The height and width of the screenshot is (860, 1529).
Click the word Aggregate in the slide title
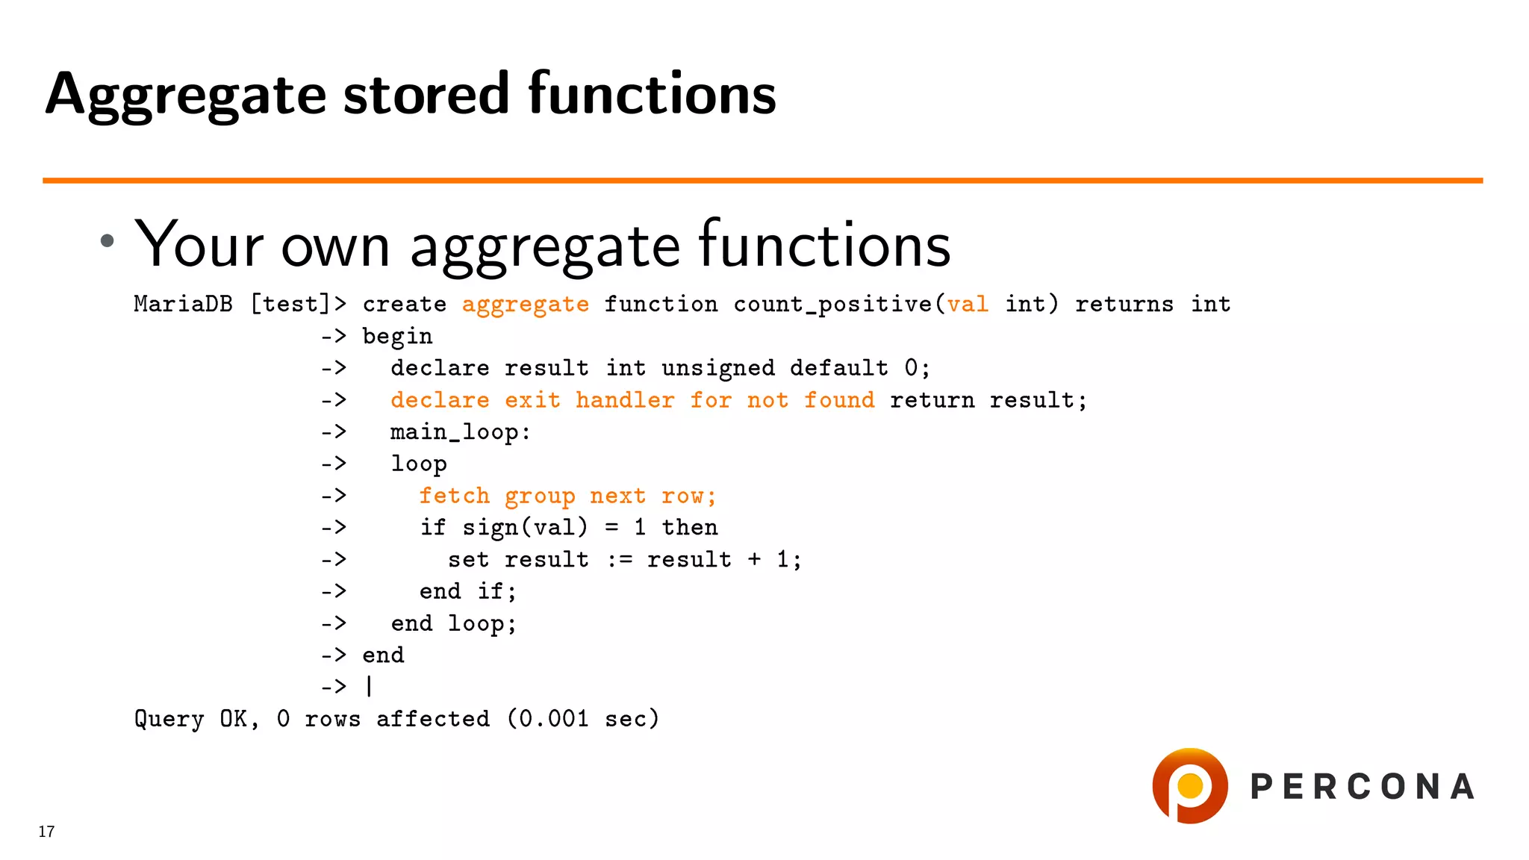coord(185,96)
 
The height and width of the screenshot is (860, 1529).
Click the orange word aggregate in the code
coord(525,305)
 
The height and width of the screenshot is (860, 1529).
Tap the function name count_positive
coord(832,305)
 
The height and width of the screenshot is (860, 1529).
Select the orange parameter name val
coord(967,305)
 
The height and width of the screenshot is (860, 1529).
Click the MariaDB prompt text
coord(183,305)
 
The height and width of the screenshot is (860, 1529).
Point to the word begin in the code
coord(397,337)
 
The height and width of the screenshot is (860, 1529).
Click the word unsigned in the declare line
coord(717,368)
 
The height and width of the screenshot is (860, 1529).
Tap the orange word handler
coord(624,400)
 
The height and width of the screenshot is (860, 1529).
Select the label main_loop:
coord(460,432)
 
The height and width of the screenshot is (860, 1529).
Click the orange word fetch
coord(454,496)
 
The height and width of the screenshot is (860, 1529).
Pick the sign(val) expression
coord(525,528)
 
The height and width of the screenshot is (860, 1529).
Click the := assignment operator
coord(618,560)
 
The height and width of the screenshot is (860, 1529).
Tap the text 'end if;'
coord(467,591)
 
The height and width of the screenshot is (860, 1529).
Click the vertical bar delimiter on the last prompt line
coord(369,686)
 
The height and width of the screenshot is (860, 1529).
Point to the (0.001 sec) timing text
coord(583,719)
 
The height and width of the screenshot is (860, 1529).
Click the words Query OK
coord(196,719)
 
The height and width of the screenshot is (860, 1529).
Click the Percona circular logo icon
coord(1189,785)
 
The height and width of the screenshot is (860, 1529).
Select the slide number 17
coord(46,832)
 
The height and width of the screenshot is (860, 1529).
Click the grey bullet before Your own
coord(108,240)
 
